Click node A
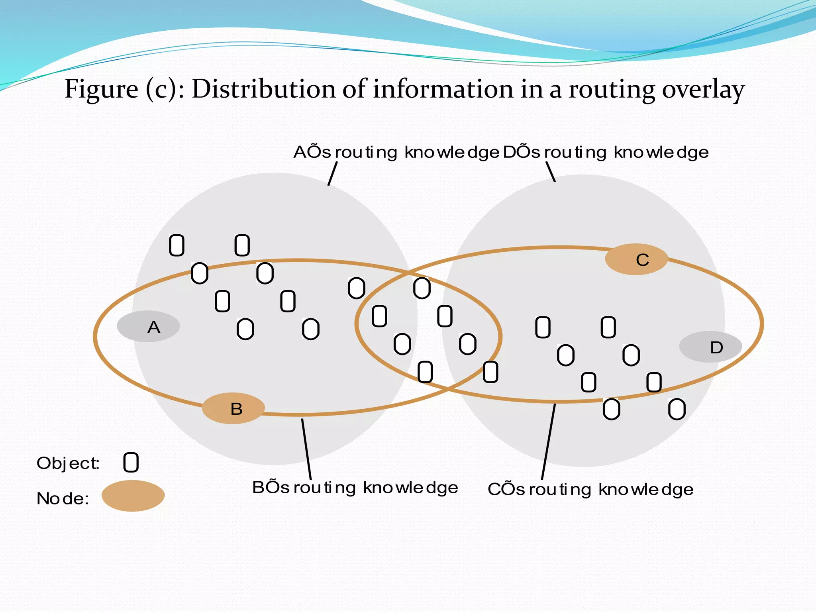(x=148, y=327)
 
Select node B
(x=233, y=409)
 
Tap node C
(x=637, y=260)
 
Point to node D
(x=711, y=347)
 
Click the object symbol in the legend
(x=131, y=463)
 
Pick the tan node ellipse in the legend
(x=133, y=496)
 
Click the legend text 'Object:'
(x=68, y=463)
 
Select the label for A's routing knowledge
(x=396, y=153)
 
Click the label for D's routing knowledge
(x=606, y=153)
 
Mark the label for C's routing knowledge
(x=590, y=490)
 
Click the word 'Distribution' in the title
(x=264, y=89)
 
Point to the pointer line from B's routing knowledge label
(x=306, y=449)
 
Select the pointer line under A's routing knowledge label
(x=333, y=174)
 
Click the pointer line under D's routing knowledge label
(x=551, y=172)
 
